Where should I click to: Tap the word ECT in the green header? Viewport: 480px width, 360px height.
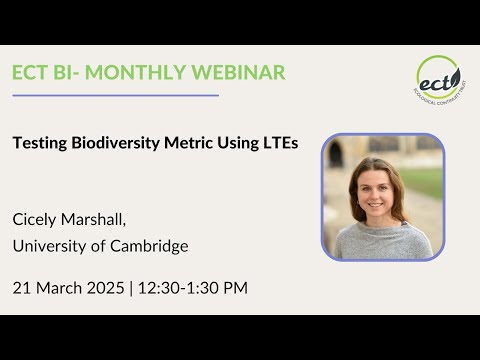tap(33, 72)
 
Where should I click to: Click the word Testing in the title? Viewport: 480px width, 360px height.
tap(39, 143)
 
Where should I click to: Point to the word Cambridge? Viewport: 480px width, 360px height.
tap(152, 246)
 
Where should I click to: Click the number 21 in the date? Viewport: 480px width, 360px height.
tap(22, 288)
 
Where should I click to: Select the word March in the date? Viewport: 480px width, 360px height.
tap(59, 288)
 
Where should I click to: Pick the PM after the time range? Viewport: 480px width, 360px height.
tap(234, 288)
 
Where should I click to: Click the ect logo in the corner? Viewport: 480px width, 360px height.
tap(438, 78)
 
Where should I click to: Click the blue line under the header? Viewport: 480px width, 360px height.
tap(115, 96)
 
